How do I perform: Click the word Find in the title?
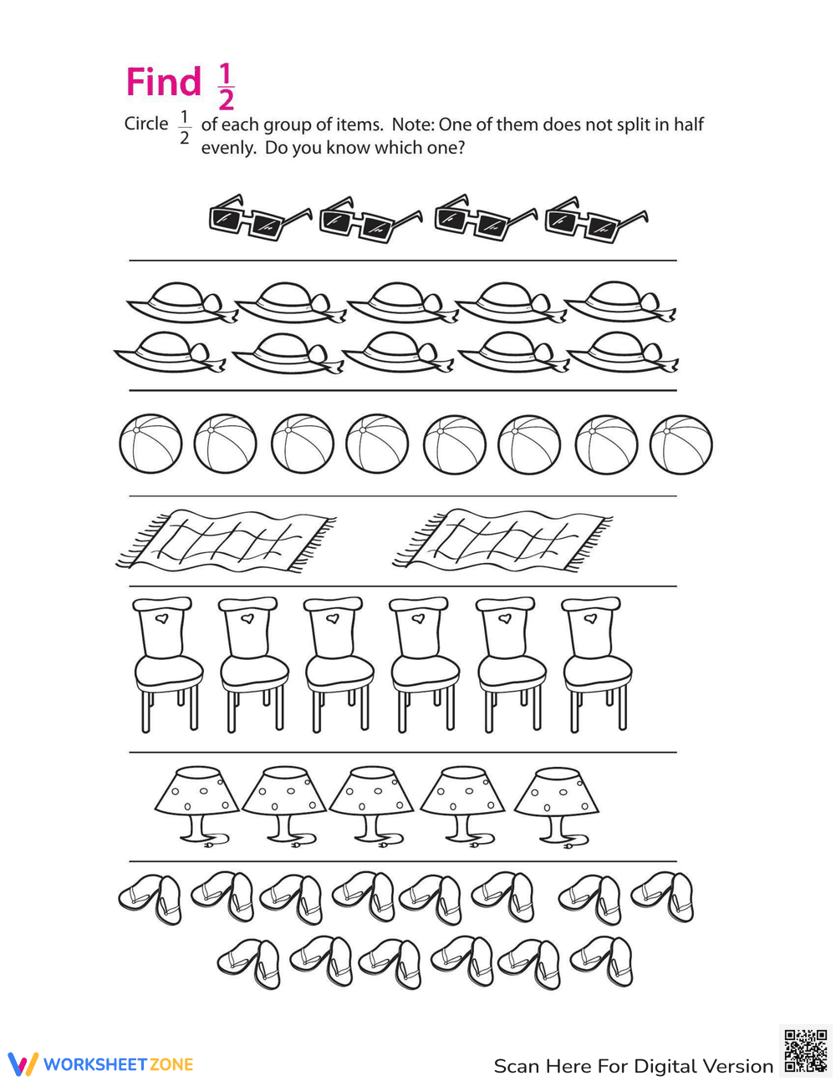click(x=164, y=83)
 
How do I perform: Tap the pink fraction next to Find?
click(x=226, y=88)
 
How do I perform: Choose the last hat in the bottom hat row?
click(x=623, y=353)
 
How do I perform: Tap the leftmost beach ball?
click(x=150, y=444)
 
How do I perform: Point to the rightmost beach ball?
click(x=681, y=445)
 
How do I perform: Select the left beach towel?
click(x=226, y=540)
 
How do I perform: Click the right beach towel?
click(x=502, y=540)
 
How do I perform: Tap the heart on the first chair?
click(x=163, y=619)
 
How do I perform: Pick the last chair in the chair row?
click(x=595, y=664)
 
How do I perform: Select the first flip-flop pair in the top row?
click(x=151, y=898)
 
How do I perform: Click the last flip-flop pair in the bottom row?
click(x=602, y=962)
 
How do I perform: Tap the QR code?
click(x=805, y=1051)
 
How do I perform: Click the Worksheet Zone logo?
click(x=101, y=1064)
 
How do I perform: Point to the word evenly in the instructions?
click(x=228, y=149)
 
